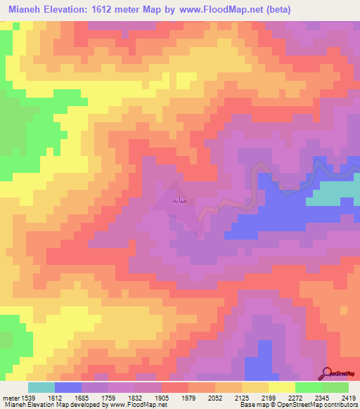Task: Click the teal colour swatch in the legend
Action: click(41, 387)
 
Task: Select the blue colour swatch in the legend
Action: click(68, 387)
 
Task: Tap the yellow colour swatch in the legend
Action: click(281, 387)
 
